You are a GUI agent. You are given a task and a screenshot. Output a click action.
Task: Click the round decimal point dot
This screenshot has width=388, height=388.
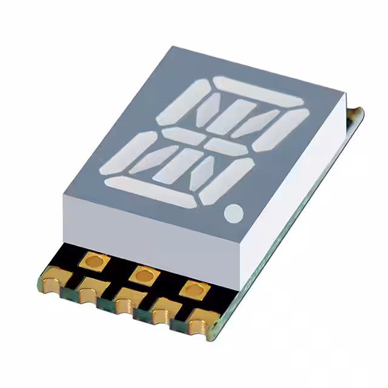[233, 212]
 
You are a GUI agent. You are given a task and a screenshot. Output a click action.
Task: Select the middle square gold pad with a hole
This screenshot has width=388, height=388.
[143, 275]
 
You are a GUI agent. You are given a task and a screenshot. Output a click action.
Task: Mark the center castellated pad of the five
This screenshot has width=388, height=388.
[126, 301]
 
